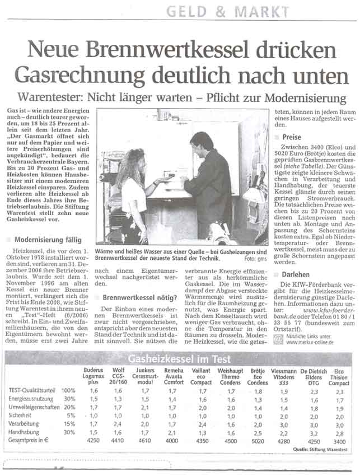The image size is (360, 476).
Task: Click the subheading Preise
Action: pyautogui.click(x=292, y=137)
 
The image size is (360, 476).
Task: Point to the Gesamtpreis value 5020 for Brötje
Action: pyautogui.click(x=257, y=442)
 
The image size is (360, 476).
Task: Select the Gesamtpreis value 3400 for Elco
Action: pyautogui.click(x=339, y=442)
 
